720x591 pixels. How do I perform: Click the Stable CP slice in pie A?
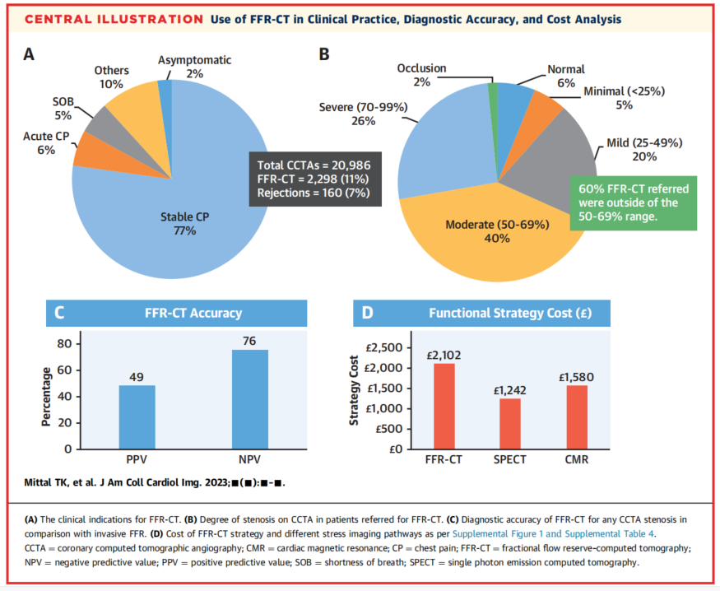pos(165,206)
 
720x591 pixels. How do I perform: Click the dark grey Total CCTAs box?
pos(313,179)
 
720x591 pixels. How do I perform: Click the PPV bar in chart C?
pos(137,416)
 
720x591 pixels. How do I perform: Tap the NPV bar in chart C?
pos(249,399)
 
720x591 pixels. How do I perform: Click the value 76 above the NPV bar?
pos(249,341)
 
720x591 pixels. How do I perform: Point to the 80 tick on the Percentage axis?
pos(63,343)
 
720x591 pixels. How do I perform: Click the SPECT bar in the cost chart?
pos(510,423)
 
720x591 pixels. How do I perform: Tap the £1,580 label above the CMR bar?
pos(576,378)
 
